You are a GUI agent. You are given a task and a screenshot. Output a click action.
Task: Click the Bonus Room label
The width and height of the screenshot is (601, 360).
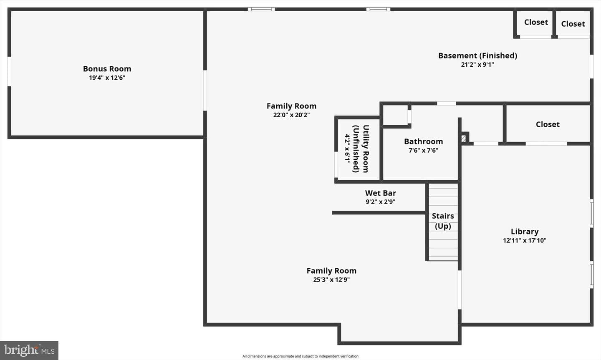107,69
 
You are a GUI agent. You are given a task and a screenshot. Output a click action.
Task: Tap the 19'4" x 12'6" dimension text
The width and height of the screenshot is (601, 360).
107,78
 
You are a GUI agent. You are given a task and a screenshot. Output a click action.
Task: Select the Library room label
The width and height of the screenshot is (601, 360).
525,232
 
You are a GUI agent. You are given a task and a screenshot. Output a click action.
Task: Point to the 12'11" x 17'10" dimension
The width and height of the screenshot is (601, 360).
525,240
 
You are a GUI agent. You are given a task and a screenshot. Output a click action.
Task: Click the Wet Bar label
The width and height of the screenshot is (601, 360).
381,193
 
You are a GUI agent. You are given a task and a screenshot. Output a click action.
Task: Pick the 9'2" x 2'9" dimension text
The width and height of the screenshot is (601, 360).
381,202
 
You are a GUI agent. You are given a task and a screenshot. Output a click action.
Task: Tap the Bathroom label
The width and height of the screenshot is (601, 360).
423,141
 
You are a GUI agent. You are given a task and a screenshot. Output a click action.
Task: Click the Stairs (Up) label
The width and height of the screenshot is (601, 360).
443,221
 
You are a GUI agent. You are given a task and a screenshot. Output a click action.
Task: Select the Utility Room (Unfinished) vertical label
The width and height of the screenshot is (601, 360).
361,149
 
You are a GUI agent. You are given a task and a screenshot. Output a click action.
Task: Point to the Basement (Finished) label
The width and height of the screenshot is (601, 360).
477,55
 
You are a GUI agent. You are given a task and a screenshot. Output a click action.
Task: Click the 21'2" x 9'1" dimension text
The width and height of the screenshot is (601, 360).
477,65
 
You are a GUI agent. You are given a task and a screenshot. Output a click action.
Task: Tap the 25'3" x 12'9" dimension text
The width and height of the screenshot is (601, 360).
331,280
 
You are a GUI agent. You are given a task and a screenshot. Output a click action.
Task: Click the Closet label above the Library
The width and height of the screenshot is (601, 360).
548,124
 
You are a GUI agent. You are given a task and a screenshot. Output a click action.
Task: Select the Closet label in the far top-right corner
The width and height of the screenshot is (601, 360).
573,24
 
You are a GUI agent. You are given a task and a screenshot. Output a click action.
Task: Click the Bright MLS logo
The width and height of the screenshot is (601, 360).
29,350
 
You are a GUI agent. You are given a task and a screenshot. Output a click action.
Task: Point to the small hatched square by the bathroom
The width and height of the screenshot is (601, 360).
463,138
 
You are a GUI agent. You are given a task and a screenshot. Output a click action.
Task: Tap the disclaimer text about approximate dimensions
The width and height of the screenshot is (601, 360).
300,356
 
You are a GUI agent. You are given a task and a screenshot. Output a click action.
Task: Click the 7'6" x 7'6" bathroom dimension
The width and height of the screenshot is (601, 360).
423,151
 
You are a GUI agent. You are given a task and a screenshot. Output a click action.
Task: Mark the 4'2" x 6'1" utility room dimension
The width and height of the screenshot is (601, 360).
347,149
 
